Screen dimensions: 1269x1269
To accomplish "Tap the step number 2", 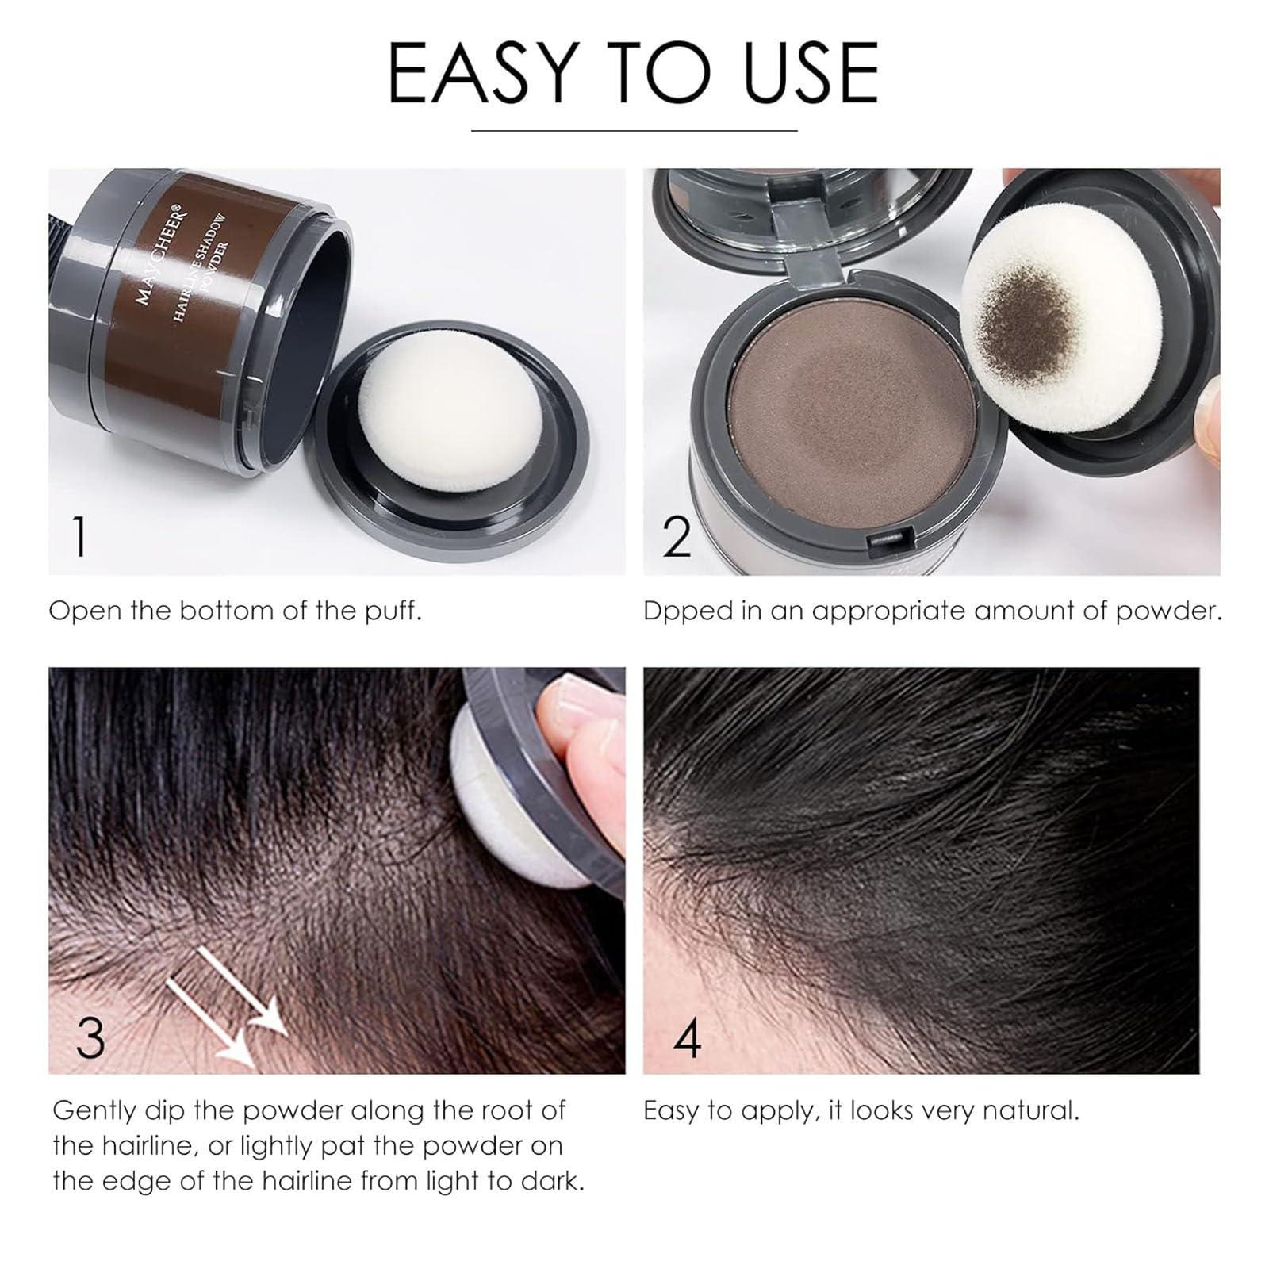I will [677, 537].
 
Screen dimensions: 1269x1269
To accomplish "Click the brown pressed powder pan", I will [853, 412].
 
